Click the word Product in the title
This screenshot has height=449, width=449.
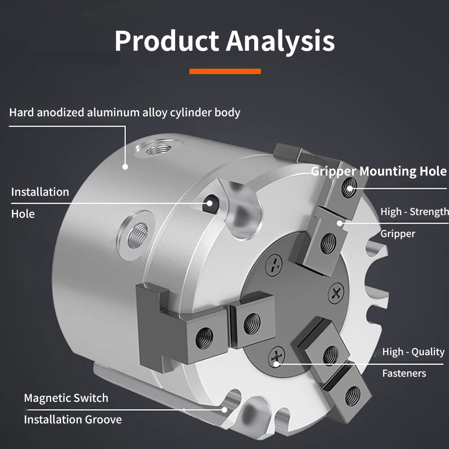[x=167, y=40]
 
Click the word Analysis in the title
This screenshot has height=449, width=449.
[x=281, y=42]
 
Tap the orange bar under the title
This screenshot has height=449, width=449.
[x=225, y=71]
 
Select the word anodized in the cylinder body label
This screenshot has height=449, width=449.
[x=61, y=112]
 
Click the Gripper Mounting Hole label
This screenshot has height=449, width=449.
[x=379, y=171]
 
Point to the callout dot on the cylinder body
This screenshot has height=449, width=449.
[x=125, y=167]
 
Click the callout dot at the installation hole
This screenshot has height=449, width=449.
[x=210, y=203]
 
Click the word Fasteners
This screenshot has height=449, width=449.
[x=404, y=374]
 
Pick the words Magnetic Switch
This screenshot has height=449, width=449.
[x=66, y=398]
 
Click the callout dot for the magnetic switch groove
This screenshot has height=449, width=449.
[x=224, y=410]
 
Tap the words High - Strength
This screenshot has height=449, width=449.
[x=414, y=211]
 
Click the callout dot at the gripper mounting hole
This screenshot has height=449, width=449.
[x=350, y=189]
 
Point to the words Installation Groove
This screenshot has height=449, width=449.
[x=73, y=420]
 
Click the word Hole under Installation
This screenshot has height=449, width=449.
[x=23, y=214]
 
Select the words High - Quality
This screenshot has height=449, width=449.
[x=413, y=352]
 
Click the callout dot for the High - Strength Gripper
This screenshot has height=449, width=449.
[x=339, y=223]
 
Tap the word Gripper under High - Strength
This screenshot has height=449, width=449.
[x=398, y=234]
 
